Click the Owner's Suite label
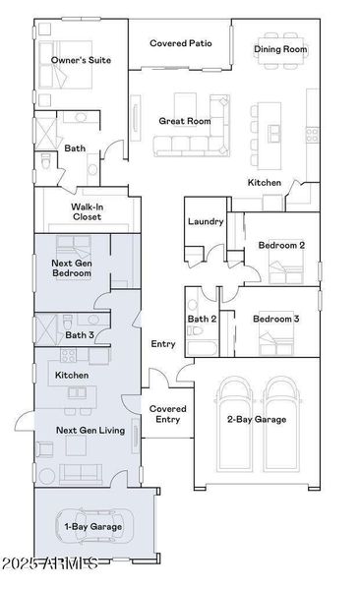coord(81,60)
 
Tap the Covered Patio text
coord(180,43)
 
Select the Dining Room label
coord(280,48)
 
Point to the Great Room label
coord(185,121)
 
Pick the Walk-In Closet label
coord(87,211)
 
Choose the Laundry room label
coord(206,222)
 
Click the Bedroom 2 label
coord(281,245)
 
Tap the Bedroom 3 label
coord(275,319)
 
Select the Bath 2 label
coord(202,319)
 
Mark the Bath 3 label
coord(80,335)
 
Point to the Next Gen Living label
coord(90,430)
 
